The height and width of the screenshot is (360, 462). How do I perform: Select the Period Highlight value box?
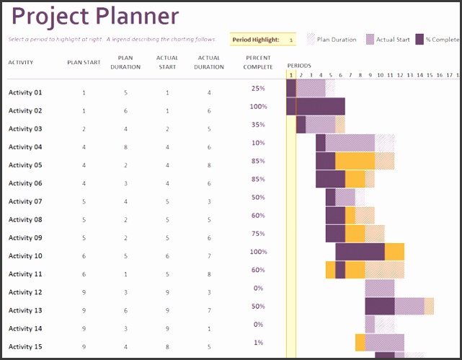pyautogui.click(x=290, y=40)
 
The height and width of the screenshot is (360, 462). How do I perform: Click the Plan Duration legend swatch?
pyautogui.click(x=311, y=40)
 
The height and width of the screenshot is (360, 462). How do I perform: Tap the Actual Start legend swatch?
pyautogui.click(x=371, y=40)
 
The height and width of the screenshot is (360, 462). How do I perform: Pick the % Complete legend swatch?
pyautogui.click(x=419, y=40)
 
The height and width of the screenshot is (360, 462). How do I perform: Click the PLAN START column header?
pyautogui.click(x=84, y=62)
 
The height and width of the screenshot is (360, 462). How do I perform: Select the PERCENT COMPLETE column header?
pyautogui.click(x=259, y=62)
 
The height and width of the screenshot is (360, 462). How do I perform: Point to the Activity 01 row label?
pyautogui.click(x=25, y=92)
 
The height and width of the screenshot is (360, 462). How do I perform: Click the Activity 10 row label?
pyautogui.click(x=25, y=256)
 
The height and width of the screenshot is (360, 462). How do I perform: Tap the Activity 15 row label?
pyautogui.click(x=25, y=347)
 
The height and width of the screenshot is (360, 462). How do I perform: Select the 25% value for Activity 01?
pyautogui.click(x=258, y=88)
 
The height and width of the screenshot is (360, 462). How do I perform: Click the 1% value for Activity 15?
pyautogui.click(x=258, y=343)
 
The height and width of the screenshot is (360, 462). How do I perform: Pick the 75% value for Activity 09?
pyautogui.click(x=258, y=234)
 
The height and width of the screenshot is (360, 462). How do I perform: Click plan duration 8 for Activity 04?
pyautogui.click(x=125, y=147)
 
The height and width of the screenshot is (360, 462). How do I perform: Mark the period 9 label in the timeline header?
pyautogui.click(x=370, y=74)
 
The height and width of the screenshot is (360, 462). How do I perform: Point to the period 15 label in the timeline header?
pyautogui.click(x=429, y=74)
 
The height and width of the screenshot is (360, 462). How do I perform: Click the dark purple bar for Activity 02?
pyautogui.click(x=320, y=106)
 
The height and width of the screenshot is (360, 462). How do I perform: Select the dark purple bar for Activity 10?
pyautogui.click(x=360, y=251)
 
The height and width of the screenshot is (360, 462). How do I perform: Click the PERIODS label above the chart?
pyautogui.click(x=299, y=66)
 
